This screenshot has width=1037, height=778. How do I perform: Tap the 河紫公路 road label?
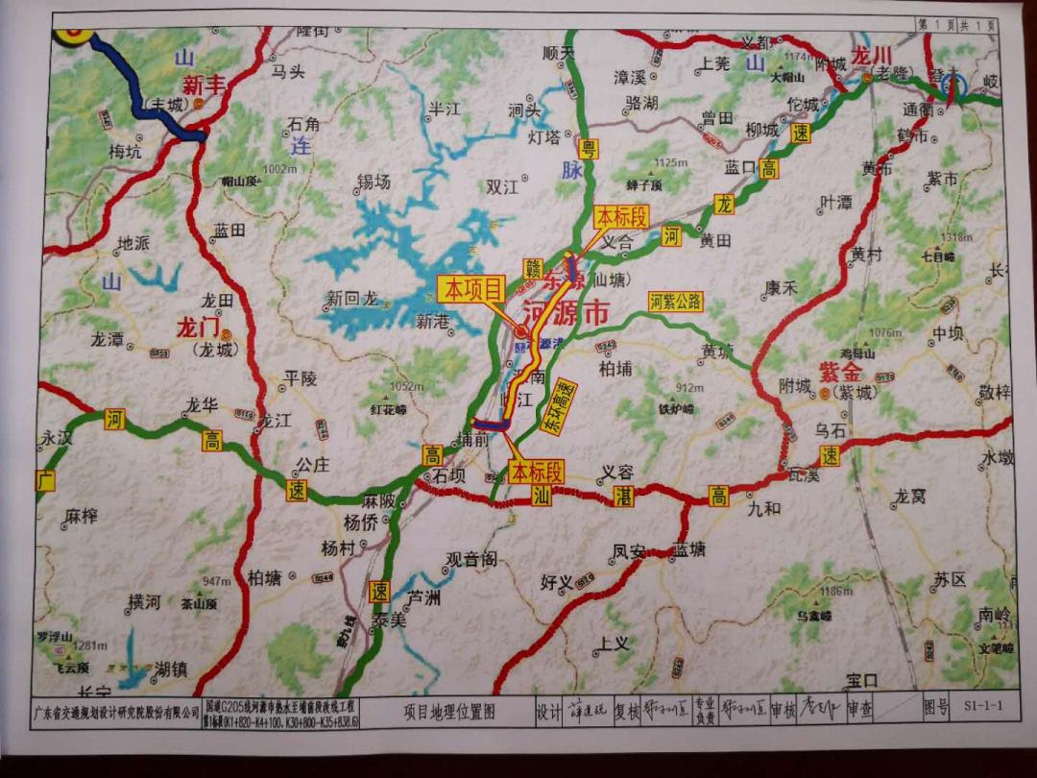676,303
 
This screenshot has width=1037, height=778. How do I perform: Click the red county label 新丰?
204,84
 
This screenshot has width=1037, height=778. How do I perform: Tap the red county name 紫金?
840,370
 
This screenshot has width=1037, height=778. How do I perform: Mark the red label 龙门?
199,329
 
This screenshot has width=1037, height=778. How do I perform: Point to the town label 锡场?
374,181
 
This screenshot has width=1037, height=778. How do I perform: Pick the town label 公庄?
312,465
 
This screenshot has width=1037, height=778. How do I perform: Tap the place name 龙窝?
909,497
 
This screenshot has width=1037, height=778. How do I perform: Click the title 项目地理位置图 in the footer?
448,712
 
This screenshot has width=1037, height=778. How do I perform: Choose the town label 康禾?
781,287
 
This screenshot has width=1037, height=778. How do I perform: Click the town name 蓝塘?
688,548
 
